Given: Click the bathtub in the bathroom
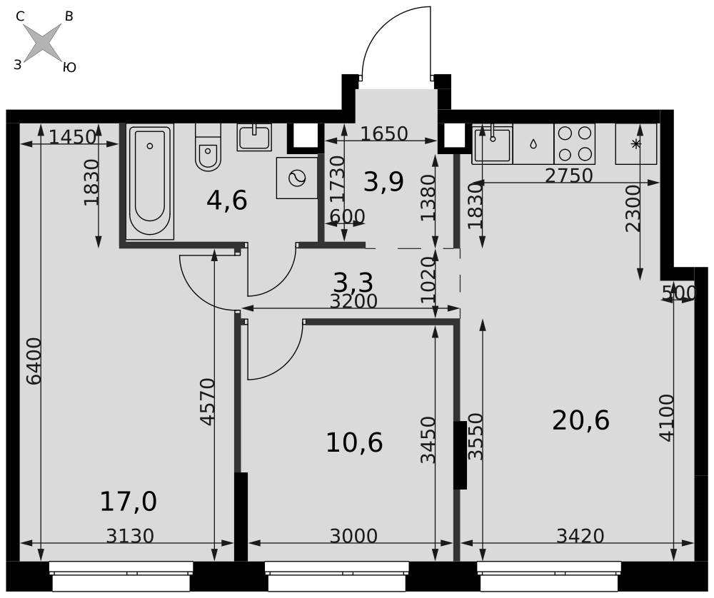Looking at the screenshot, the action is pyautogui.click(x=150, y=181).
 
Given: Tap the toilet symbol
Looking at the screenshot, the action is pyautogui.click(x=208, y=147).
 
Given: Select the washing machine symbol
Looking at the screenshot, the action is pyautogui.click(x=297, y=178).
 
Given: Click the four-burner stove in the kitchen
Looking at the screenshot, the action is pyautogui.click(x=575, y=144).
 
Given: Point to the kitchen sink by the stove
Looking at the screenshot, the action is pyautogui.click(x=492, y=144).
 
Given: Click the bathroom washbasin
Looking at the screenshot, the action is pyautogui.click(x=254, y=137).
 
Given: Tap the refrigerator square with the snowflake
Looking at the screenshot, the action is pyautogui.click(x=635, y=144).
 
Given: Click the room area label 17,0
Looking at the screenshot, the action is pyautogui.click(x=129, y=502).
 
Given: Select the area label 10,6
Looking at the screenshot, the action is pyautogui.click(x=354, y=442).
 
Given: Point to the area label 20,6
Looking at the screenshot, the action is pyautogui.click(x=580, y=420).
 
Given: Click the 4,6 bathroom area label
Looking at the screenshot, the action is pyautogui.click(x=227, y=201).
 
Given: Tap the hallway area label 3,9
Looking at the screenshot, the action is pyautogui.click(x=384, y=182).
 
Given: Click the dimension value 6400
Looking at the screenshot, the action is pyautogui.click(x=34, y=361).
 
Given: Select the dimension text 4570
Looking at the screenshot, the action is pyautogui.click(x=207, y=402).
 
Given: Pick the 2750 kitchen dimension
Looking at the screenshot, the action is pyautogui.click(x=569, y=176).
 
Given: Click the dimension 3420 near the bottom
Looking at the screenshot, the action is pyautogui.click(x=580, y=536).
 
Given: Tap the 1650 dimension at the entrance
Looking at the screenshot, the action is pyautogui.click(x=384, y=133).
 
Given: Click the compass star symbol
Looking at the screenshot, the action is pyautogui.click(x=42, y=43).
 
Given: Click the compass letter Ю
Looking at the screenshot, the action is pyautogui.click(x=69, y=68).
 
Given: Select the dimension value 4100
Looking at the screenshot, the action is pyautogui.click(x=666, y=417).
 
